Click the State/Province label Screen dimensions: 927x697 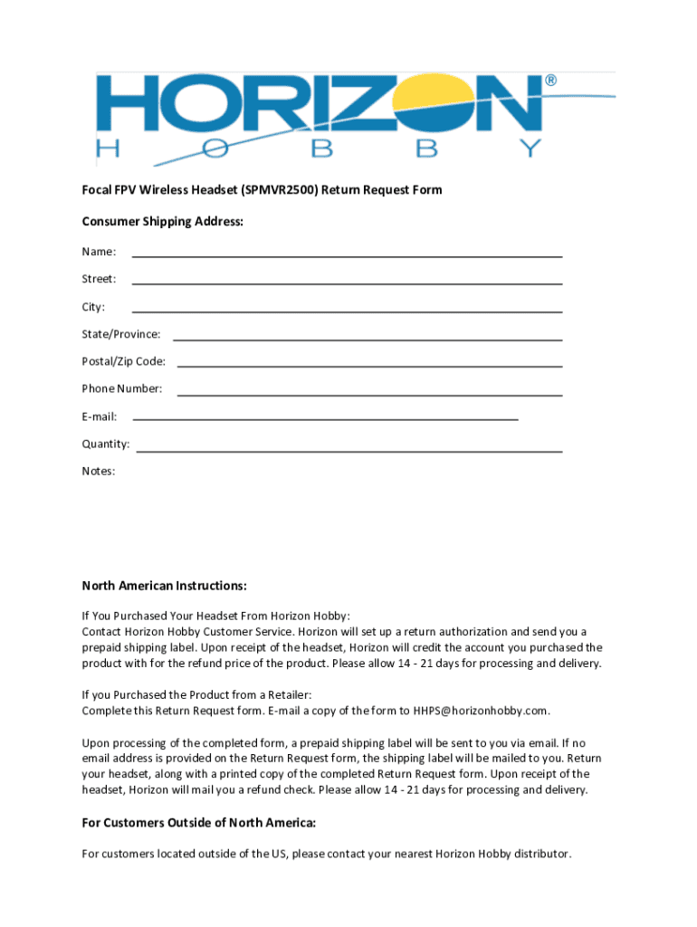(x=121, y=334)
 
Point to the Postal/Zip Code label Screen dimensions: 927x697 (x=124, y=361)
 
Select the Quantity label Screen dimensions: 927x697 (x=106, y=444)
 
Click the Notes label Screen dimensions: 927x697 (x=99, y=472)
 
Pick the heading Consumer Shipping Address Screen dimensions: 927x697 (x=163, y=222)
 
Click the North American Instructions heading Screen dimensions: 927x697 (x=165, y=586)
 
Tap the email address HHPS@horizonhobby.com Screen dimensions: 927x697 (x=481, y=711)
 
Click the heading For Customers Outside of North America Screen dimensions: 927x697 (x=199, y=823)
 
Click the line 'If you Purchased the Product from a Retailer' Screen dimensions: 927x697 (x=196, y=694)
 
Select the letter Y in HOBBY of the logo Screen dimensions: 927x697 (x=526, y=149)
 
